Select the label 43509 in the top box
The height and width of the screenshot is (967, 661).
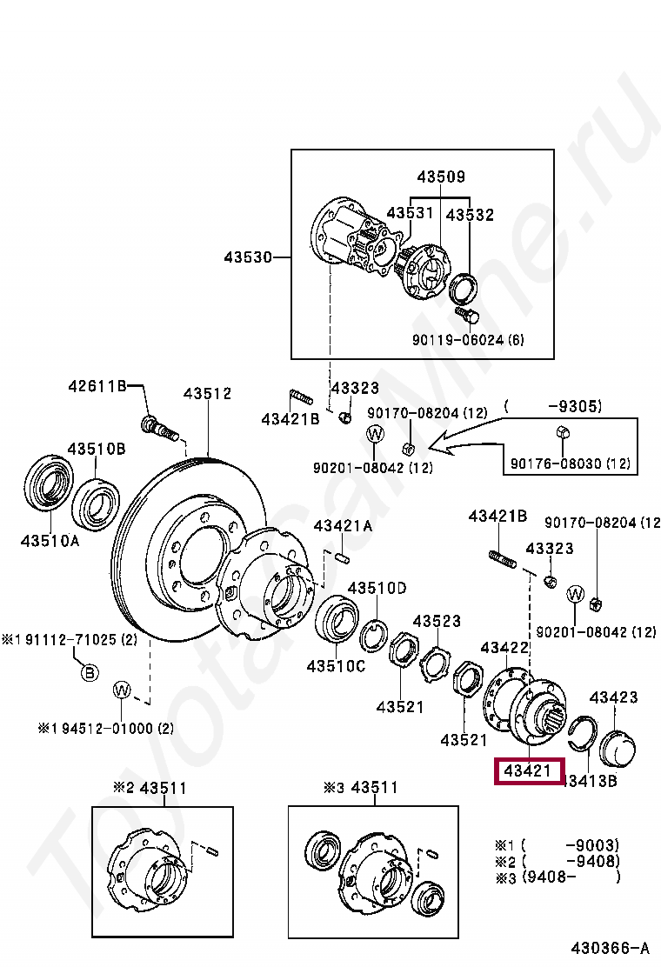point(440,177)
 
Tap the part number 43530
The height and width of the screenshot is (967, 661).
point(248,257)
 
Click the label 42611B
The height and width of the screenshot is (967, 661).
point(98,386)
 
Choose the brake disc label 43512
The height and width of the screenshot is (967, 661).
point(207,394)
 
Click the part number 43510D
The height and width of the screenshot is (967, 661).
point(377,588)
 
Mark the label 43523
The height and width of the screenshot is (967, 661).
point(437,621)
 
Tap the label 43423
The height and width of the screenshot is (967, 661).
point(614,697)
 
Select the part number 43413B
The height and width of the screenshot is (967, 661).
point(591,781)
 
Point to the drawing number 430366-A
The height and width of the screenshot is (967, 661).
point(610,947)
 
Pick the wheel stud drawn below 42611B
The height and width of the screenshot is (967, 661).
point(157,426)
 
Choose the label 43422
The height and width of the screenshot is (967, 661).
point(504,648)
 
